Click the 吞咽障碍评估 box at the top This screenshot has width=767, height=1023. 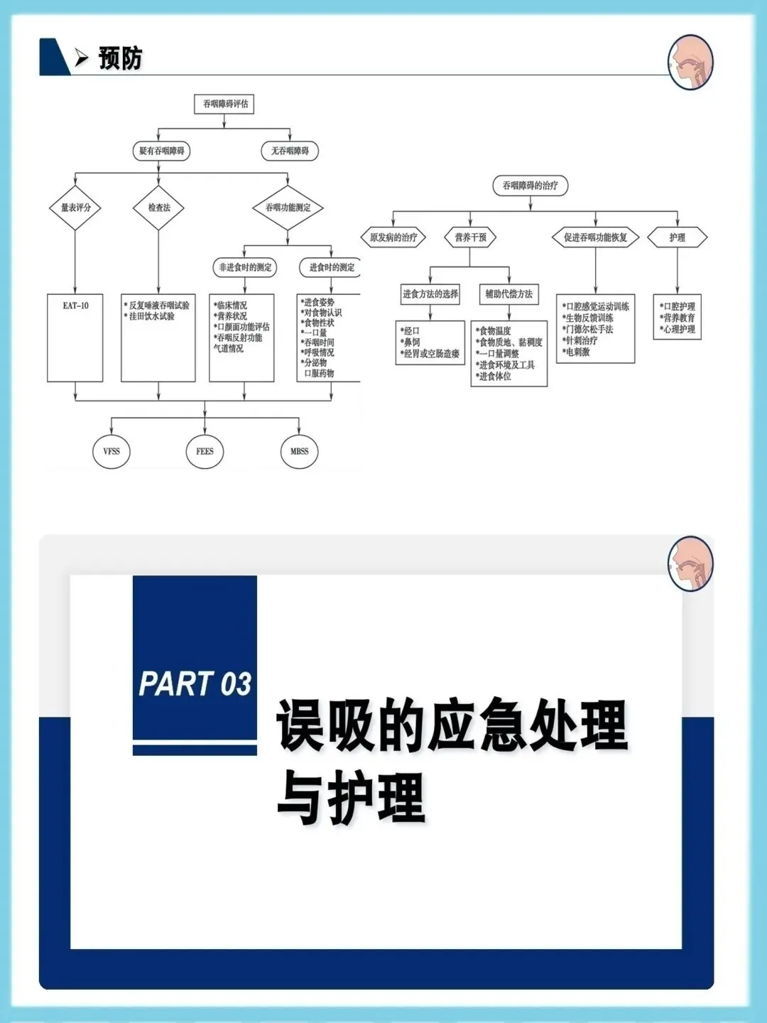coord(224,104)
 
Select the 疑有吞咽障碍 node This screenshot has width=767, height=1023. coord(162,151)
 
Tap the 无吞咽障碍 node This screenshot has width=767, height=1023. coord(290,151)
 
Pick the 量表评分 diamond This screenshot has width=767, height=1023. coord(75,207)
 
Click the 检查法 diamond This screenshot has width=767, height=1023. coord(159,207)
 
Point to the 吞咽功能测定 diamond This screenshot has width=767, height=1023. coord(288,207)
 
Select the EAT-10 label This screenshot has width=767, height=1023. coord(75,305)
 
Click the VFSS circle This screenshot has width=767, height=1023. coord(111,451)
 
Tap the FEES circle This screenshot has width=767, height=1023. coord(205,451)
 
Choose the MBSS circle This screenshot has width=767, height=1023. coord(299,451)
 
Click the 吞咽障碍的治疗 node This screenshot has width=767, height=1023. coord(531,185)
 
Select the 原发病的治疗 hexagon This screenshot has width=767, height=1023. coord(393,237)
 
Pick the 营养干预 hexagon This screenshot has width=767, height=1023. coord(470,237)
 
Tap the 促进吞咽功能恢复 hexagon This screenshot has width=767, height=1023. coord(595,237)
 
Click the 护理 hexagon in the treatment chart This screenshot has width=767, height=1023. coord(678,237)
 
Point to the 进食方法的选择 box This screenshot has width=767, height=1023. coord(430,293)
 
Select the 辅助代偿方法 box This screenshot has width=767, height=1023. coord(508,293)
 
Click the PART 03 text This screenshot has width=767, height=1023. coord(195,684)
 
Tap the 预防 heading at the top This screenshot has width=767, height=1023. coord(120,58)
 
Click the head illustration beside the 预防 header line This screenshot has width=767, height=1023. coord(690,62)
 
